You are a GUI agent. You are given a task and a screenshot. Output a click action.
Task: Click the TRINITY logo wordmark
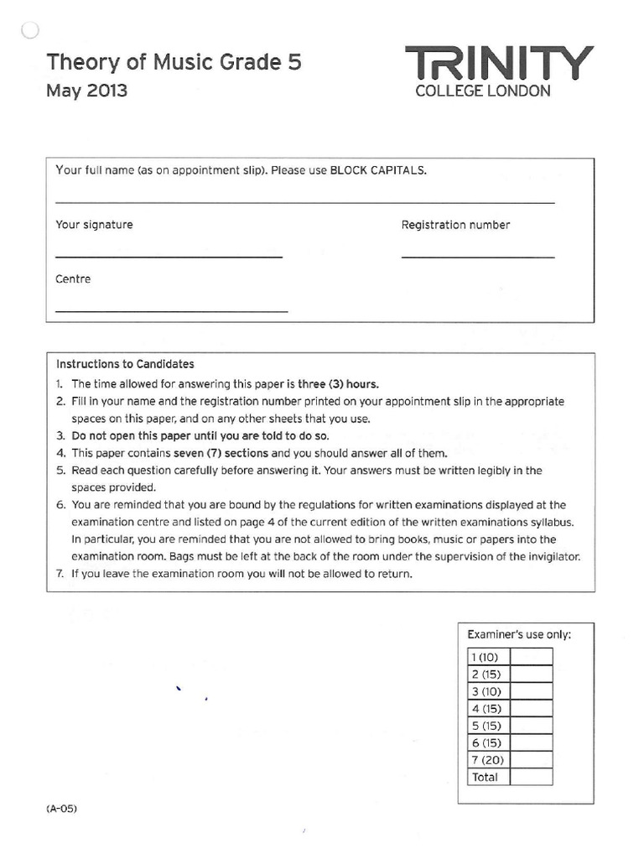click(x=500, y=64)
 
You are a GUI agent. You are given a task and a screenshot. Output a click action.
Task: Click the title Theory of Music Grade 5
click(x=174, y=62)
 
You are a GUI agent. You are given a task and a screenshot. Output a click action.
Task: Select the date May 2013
click(x=87, y=91)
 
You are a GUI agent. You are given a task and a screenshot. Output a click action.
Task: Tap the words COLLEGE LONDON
click(x=484, y=91)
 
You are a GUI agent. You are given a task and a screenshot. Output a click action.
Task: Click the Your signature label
click(x=94, y=225)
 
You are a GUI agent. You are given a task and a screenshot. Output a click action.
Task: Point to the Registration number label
click(x=455, y=225)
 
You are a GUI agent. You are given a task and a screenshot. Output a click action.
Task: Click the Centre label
click(x=73, y=279)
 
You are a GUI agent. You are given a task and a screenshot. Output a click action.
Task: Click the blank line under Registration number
click(x=478, y=257)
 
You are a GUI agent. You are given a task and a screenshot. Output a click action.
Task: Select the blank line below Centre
click(x=171, y=311)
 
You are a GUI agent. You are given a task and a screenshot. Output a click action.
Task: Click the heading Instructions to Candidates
click(x=125, y=364)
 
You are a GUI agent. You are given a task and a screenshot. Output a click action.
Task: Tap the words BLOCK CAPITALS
click(x=378, y=169)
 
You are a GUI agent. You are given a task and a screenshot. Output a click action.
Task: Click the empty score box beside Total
click(x=531, y=777)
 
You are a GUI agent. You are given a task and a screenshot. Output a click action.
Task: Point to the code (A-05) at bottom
click(x=62, y=810)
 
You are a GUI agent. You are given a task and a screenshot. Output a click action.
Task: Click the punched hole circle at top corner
click(x=28, y=31)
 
